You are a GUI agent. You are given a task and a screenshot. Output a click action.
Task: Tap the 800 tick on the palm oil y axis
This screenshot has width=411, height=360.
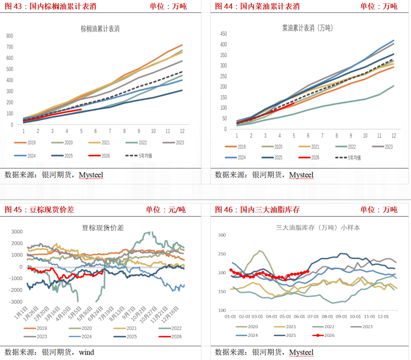[10, 36]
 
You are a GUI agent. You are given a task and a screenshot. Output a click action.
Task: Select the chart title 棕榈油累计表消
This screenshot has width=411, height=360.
[100, 29]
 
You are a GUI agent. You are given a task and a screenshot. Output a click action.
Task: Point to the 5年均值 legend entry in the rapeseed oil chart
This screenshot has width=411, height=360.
[348, 158]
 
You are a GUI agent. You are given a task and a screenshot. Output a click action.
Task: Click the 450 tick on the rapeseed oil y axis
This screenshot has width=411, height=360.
[224, 33]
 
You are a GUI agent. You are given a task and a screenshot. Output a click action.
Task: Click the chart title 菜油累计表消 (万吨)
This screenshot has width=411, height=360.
[307, 28]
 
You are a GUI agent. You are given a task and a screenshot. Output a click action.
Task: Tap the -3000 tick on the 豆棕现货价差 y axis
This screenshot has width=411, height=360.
[16, 302]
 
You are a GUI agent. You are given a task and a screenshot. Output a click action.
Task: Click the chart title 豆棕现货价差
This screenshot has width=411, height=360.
[103, 228]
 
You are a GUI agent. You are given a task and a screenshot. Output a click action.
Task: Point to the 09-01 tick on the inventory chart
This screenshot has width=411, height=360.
[341, 317]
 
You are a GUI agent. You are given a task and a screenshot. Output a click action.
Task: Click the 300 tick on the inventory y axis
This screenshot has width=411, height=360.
[222, 235]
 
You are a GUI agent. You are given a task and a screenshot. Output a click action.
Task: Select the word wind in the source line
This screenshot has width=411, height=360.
[86, 352]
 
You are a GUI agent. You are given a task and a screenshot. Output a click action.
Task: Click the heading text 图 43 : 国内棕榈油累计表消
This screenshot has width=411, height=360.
[50, 6]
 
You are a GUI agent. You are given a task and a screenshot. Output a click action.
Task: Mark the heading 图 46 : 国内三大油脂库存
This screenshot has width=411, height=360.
[257, 210]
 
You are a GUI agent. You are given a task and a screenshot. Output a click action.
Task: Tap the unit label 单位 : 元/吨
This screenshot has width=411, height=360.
[166, 210]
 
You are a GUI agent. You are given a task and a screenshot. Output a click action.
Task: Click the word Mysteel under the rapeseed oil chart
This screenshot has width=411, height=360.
[301, 175]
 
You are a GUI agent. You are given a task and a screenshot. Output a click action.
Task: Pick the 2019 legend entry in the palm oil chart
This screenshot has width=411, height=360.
[25, 143]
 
